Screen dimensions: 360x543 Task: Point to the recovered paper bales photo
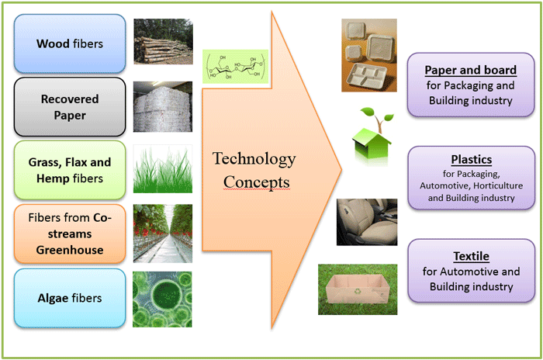(163, 106)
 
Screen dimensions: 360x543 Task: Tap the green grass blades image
(163, 169)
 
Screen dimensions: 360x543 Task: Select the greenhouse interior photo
(163, 233)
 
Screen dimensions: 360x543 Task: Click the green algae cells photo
(163, 297)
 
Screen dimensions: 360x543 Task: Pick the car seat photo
(367, 222)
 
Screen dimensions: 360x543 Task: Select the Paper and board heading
(471, 71)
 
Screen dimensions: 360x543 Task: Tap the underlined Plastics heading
(471, 159)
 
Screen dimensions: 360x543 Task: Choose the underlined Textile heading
(471, 256)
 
